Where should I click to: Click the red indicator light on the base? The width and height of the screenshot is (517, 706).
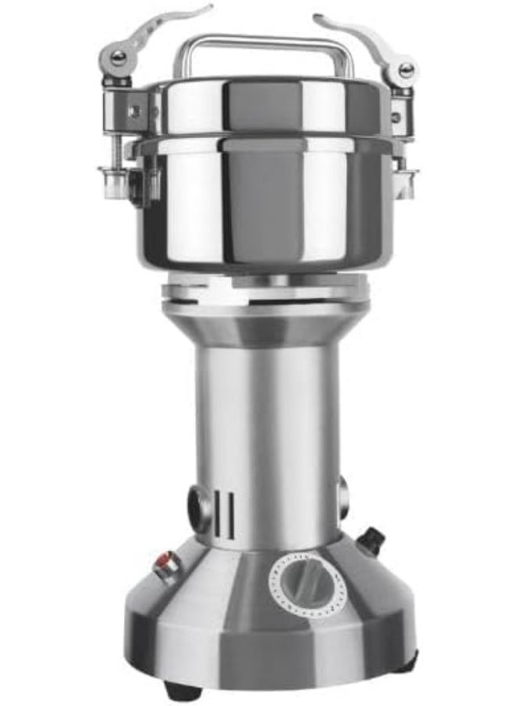(164, 562)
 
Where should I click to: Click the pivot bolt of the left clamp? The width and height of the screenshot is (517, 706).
(117, 57)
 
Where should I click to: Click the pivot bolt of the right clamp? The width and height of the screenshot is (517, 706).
(406, 69)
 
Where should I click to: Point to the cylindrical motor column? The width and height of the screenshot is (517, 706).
(266, 439)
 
